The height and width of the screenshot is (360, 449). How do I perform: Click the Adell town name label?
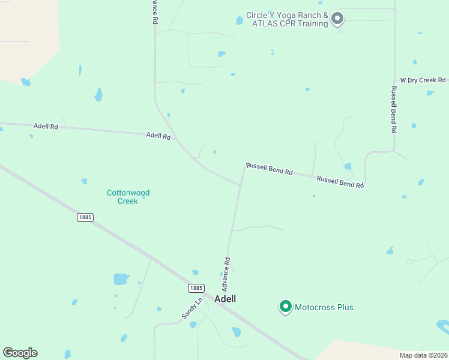pos(225,299)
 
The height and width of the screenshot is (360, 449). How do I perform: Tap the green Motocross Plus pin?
pos(286,307)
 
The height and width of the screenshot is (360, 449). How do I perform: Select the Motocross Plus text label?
pos(324,308)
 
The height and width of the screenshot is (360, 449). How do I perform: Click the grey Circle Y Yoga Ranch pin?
pos(337,19)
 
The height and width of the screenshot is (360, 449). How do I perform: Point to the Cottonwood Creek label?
pos(128,197)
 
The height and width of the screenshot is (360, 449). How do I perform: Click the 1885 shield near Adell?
pos(196,288)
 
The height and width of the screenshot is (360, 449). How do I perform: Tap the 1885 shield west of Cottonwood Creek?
pos(85,217)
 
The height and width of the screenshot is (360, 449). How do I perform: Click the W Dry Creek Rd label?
pos(423,80)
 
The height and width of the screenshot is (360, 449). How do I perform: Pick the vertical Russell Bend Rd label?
pos(394,109)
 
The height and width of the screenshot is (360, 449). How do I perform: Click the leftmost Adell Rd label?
pos(46,126)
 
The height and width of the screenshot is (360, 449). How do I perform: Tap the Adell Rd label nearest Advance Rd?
pos(158,136)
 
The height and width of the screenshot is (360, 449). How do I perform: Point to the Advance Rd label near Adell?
pos(228,266)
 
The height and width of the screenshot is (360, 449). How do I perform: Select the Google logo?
pos(20,353)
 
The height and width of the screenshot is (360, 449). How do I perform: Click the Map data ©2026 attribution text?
pos(423,355)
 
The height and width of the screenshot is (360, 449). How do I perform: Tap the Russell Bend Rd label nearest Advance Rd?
pos(269,169)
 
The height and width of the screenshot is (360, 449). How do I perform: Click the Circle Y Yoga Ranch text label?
pos(287,19)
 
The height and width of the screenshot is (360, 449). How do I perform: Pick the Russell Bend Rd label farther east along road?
pos(340,182)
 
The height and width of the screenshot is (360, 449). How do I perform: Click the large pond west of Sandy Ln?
pos(121,279)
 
